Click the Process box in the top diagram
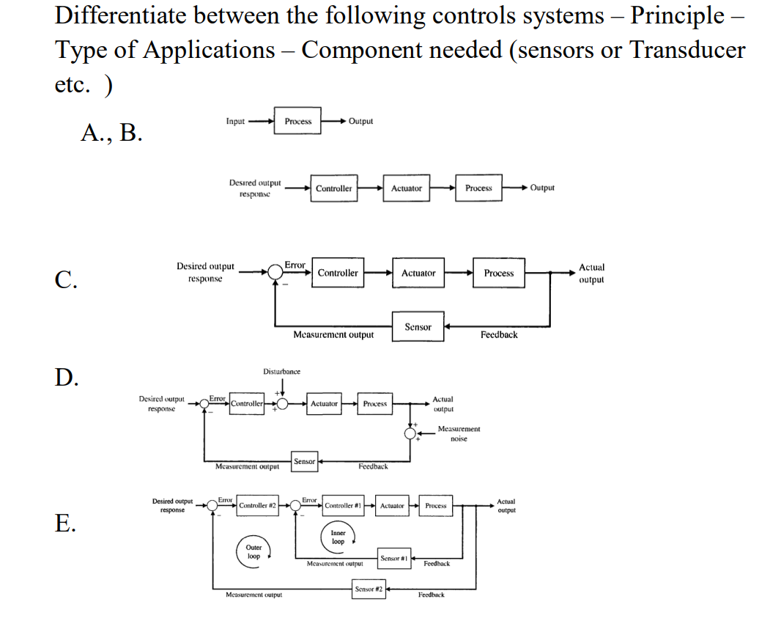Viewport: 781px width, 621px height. click(297, 121)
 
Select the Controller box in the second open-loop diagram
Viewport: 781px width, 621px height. click(333, 188)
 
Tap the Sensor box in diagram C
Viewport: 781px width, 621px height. click(418, 327)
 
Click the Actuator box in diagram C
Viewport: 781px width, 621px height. click(418, 273)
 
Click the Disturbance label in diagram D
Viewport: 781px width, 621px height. click(281, 372)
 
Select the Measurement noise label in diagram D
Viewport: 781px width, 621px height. click(459, 433)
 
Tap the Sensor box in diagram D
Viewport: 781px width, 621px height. click(304, 461)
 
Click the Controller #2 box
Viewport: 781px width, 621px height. click(257, 506)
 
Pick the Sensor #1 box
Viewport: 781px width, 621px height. click(394, 559)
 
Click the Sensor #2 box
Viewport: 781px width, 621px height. click(369, 589)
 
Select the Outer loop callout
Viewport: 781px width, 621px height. click(253, 552)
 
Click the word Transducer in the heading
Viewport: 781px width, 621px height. click(687, 50)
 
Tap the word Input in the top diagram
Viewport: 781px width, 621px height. click(235, 121)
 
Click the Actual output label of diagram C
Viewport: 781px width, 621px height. click(591, 273)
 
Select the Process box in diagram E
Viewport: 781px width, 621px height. click(436, 506)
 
